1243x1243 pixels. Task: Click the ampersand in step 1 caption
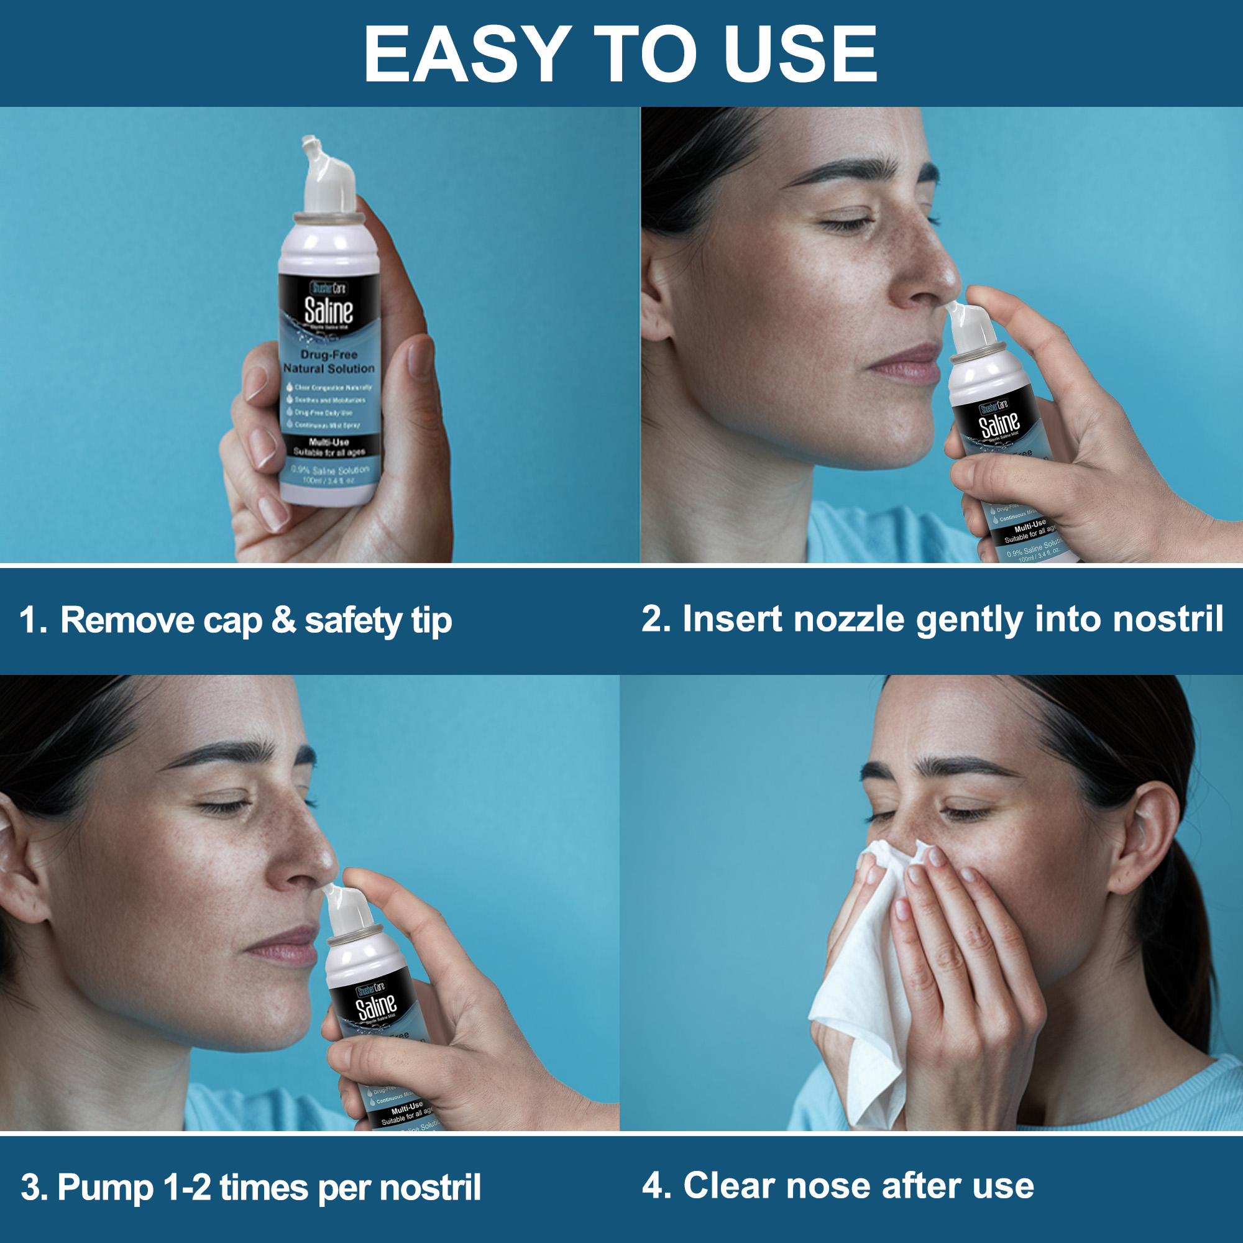[283, 620]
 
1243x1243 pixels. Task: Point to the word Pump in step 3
[106, 1188]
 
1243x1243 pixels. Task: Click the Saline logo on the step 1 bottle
[328, 311]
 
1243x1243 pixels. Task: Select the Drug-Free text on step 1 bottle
[329, 354]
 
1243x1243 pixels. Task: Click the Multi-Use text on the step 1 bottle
[329, 442]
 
